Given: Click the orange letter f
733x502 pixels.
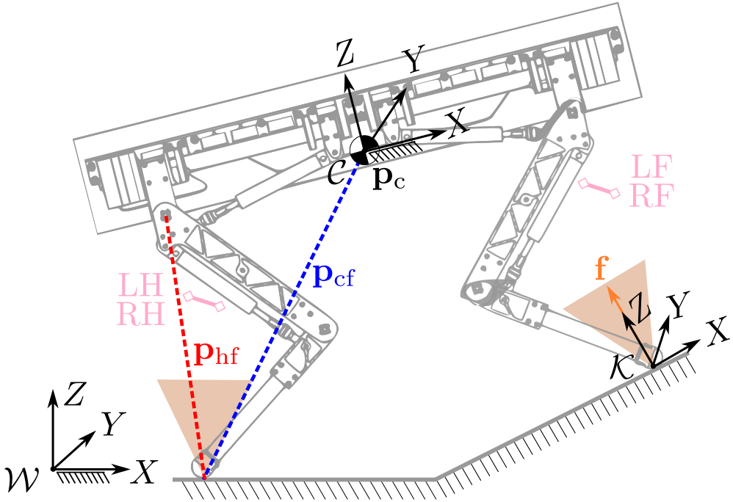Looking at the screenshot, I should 601,269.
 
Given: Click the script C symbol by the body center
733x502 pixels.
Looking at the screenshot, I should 339,174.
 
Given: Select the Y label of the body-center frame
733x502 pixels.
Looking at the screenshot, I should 413,62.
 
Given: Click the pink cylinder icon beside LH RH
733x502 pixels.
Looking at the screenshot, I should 204,301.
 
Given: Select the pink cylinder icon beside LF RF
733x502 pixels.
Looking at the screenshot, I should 599,188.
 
